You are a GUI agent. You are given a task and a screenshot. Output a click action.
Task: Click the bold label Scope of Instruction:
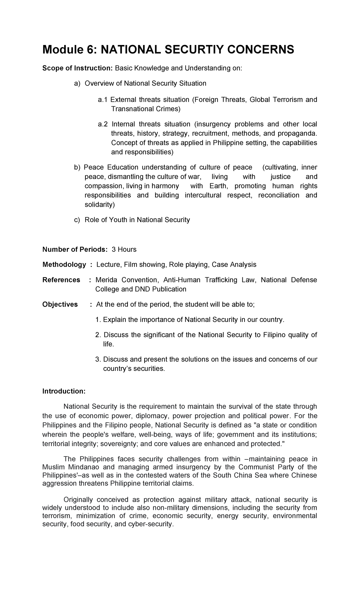pos(77,68)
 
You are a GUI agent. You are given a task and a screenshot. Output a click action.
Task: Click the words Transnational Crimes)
pos(146,109)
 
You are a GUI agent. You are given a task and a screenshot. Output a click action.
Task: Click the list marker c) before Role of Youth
pos(77,220)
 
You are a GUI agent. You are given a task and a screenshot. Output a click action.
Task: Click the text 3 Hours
pos(124,249)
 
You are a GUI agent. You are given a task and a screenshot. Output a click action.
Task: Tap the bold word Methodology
pos(64,264)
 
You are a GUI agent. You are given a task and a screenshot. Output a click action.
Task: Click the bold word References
pos(61,280)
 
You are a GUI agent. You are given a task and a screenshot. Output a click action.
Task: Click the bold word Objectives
pos(60,304)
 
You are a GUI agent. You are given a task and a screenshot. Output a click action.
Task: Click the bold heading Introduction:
pos(64,391)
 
